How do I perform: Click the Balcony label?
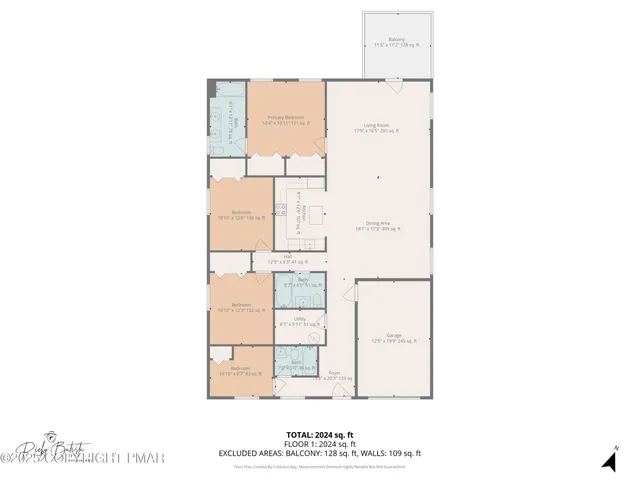[397, 41]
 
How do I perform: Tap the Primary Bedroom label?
[286, 120]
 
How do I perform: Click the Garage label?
[392, 337]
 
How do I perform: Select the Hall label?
[287, 258]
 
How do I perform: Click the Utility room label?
[299, 322]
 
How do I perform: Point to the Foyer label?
[334, 376]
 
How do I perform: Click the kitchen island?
[317, 213]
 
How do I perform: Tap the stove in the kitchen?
[281, 211]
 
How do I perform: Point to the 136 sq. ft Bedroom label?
[241, 215]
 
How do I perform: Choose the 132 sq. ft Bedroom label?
[241, 307]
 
